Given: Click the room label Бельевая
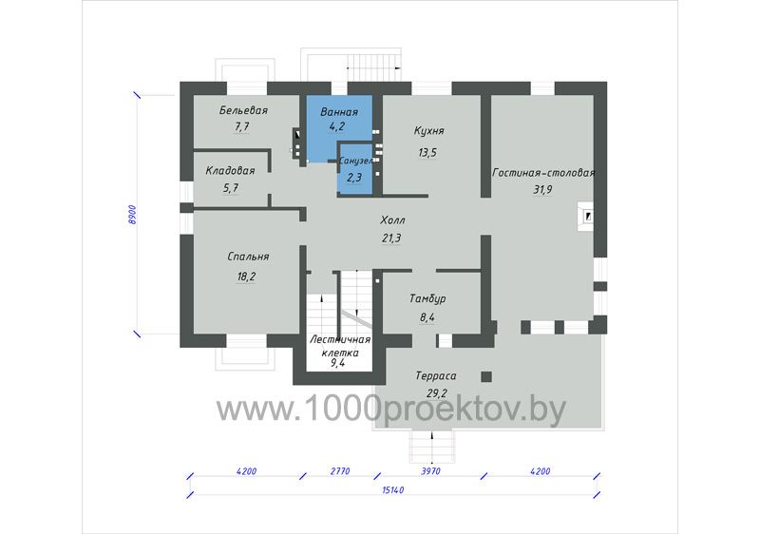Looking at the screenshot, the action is click(x=243, y=110).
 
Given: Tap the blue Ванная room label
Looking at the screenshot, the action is click(x=339, y=112).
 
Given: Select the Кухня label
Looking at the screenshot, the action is click(x=429, y=131).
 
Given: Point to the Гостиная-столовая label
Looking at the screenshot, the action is click(x=543, y=173).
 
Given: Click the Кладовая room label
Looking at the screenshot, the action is click(x=230, y=171).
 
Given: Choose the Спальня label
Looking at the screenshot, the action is click(x=248, y=257).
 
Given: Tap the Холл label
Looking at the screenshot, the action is click(x=392, y=220).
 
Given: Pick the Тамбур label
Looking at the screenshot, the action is click(x=427, y=298).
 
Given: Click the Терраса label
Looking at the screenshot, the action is click(x=436, y=376).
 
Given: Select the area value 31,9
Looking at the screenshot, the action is click(x=542, y=190).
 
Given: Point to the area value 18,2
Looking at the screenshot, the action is click(x=246, y=277).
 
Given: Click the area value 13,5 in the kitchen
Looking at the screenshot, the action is click(x=427, y=153).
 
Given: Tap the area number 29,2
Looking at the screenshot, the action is click(x=437, y=393).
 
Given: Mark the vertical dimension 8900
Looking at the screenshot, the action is click(x=132, y=215).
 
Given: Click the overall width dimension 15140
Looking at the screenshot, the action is click(x=393, y=490).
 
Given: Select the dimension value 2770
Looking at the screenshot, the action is click(x=340, y=471).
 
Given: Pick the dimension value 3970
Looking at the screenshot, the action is click(x=430, y=471).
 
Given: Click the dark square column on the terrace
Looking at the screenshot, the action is click(x=486, y=376).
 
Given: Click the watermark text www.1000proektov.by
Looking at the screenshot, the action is click(x=390, y=410).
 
